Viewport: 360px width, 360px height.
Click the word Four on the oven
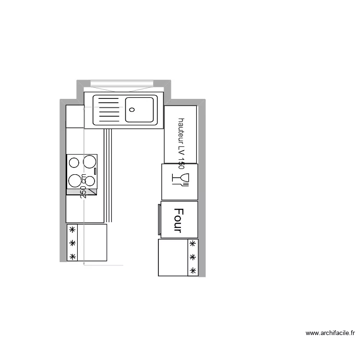click(x=179, y=220)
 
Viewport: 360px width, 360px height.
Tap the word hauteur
click(x=181, y=131)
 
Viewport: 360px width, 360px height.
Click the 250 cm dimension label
click(x=84, y=186)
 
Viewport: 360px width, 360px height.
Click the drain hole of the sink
click(x=132, y=109)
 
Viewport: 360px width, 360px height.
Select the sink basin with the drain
click(x=140, y=109)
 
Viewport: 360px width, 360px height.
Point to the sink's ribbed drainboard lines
click(x=108, y=109)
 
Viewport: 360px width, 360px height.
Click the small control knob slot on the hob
click(x=95, y=170)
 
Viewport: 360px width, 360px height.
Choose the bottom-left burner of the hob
click(x=74, y=180)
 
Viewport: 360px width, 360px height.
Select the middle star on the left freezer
click(x=72, y=243)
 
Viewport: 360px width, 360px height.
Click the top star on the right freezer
click(x=192, y=244)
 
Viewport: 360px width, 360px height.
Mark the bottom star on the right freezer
click(x=192, y=272)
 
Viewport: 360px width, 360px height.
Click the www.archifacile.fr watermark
click(x=330, y=333)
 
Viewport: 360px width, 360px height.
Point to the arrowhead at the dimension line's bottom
click(x=84, y=263)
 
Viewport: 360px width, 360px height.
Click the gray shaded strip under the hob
click(x=82, y=192)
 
